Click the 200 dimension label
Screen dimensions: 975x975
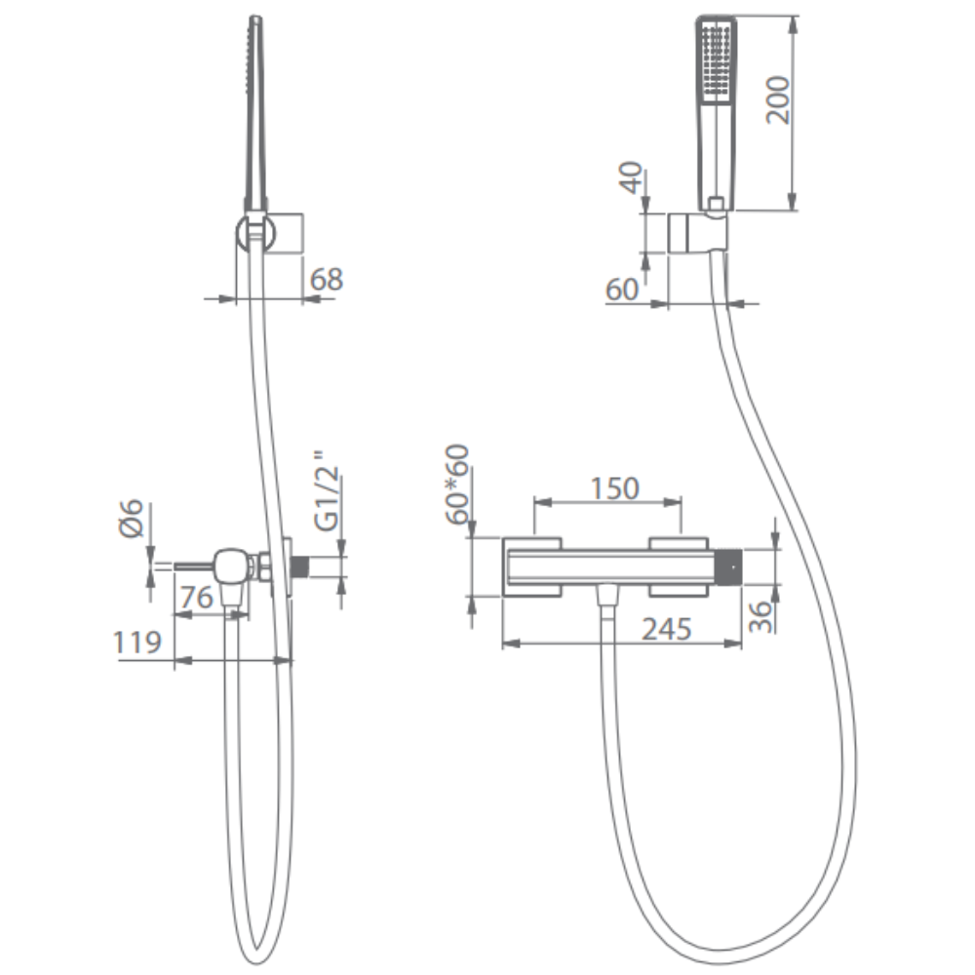pos(778,100)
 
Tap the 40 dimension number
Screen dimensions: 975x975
pos(632,177)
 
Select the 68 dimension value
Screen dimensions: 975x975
pos(327,279)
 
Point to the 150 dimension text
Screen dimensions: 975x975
pos(614,488)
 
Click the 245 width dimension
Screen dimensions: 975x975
pos(667,629)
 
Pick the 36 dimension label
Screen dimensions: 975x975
pos(760,616)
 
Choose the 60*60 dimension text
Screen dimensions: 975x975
pos(457,485)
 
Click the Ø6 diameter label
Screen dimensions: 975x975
pos(132,518)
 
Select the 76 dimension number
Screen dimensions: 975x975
pos(197,598)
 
